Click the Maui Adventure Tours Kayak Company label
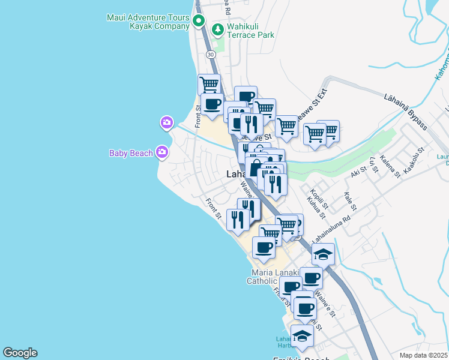tap(148, 22)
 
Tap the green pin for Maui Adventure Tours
tap(199, 20)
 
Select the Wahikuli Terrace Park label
tap(250, 31)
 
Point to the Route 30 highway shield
tap(211, 55)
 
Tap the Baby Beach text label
tap(131, 153)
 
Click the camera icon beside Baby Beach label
tap(161, 152)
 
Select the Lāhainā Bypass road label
tap(406, 112)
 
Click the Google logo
tap(20, 353)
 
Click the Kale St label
tap(349, 202)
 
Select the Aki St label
tap(358, 173)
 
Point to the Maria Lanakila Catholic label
tap(273, 277)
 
